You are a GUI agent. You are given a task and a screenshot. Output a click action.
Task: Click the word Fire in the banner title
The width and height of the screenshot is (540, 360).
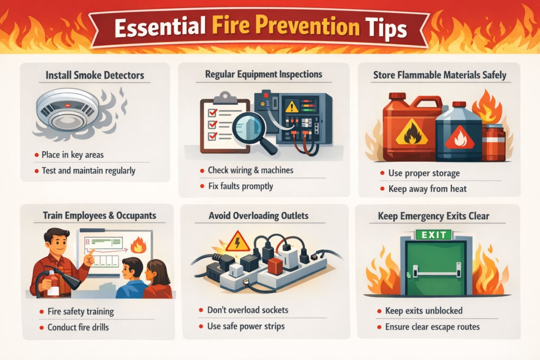(230, 25)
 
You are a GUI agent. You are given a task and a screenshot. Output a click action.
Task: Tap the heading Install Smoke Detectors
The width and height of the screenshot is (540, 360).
(95, 75)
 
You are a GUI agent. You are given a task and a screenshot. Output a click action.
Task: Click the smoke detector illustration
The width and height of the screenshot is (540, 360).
(68, 111)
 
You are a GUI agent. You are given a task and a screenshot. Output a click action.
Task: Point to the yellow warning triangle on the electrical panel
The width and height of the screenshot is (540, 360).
(292, 106)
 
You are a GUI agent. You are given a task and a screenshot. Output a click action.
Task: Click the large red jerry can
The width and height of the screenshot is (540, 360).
(411, 128)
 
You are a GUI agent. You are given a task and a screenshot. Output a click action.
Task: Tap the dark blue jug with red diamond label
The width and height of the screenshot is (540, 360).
(459, 132)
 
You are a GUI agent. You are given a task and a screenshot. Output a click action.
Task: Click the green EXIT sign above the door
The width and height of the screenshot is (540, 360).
(433, 235)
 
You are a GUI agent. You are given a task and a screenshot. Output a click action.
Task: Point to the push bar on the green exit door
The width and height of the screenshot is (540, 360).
(437, 272)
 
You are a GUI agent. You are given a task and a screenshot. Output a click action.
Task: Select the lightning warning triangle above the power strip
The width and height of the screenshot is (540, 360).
(237, 241)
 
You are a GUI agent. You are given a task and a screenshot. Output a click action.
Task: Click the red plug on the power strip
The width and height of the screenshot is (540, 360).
(275, 266)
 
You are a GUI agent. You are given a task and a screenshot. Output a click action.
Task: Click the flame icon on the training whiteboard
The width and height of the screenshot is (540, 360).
(138, 245)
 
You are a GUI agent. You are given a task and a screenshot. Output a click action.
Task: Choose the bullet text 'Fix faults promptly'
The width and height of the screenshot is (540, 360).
(240, 186)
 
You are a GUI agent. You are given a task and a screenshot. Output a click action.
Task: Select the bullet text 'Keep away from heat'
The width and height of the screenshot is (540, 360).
(427, 189)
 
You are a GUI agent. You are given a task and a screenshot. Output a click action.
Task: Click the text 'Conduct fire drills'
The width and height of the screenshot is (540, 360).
(78, 327)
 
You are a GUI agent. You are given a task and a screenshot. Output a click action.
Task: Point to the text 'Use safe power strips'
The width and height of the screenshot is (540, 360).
(246, 326)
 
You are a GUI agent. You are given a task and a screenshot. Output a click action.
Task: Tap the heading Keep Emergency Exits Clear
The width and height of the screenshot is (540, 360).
(433, 216)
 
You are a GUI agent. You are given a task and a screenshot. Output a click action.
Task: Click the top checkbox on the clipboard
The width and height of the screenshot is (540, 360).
(213, 113)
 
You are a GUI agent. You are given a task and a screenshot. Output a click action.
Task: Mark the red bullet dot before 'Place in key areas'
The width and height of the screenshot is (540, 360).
(36, 155)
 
